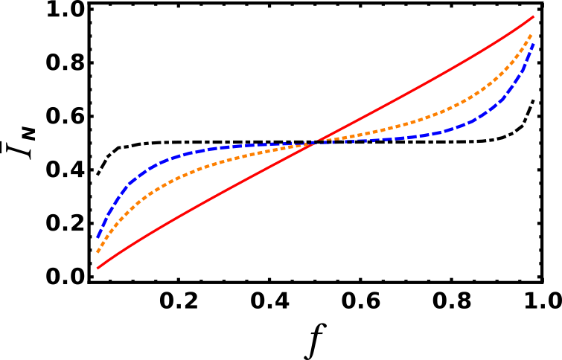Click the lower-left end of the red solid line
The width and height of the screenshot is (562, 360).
pos(98,267)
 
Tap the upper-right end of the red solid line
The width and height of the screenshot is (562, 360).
pos(534,16)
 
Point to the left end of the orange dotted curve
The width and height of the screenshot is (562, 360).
pos(98,252)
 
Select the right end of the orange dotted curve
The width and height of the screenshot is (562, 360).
pos(531,34)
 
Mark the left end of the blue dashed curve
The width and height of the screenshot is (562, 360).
pos(98,237)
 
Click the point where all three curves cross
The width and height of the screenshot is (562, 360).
pos(316,142)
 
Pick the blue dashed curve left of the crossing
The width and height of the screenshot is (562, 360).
pos(223,147)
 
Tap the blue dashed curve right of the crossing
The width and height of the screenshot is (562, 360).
pos(417,136)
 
